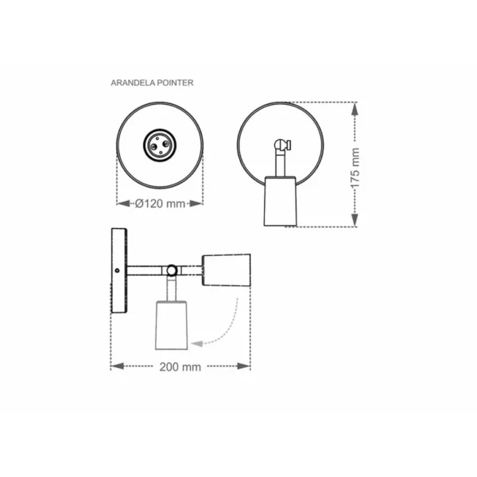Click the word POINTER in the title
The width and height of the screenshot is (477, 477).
pyautogui.click(x=175, y=83)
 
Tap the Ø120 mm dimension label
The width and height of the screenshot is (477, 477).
pyautogui.click(x=160, y=204)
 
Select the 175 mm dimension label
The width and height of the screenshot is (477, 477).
pyautogui.click(x=355, y=168)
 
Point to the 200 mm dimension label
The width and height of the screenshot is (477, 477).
pyautogui.click(x=180, y=366)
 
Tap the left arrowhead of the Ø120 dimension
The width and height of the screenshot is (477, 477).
pyautogui.click(x=123, y=204)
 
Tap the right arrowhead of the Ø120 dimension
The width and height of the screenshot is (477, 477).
pyautogui.click(x=196, y=204)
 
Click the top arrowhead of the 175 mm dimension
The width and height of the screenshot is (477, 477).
pyautogui.click(x=355, y=109)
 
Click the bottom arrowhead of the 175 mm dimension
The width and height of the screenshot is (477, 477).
pyautogui.click(x=355, y=220)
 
